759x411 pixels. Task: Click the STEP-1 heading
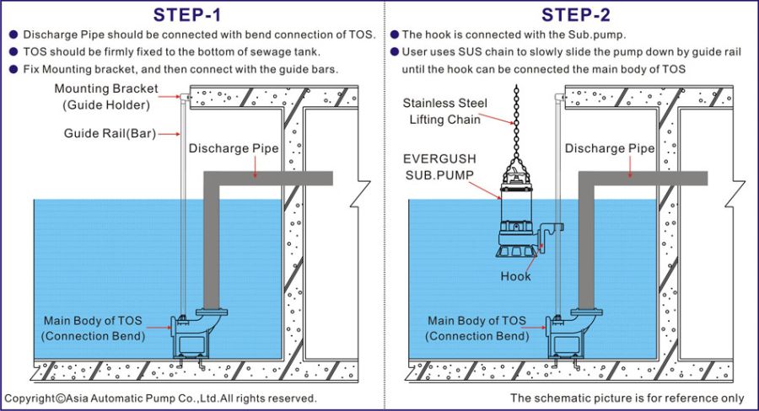(187, 15)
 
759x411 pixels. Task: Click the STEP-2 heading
(575, 15)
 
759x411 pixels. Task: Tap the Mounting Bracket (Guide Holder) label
(106, 97)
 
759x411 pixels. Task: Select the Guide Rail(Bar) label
(110, 133)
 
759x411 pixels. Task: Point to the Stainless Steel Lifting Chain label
(444, 111)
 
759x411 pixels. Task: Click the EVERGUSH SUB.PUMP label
(439, 167)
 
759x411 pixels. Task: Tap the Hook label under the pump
(515, 276)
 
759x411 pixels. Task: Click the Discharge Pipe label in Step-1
(234, 148)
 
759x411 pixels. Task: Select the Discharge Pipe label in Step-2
(610, 148)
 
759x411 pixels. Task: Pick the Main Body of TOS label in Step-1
(93, 328)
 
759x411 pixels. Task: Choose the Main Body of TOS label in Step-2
(476, 328)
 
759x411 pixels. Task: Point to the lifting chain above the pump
(516, 128)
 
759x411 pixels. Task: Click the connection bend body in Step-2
(571, 334)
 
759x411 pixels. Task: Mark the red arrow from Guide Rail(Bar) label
(169, 134)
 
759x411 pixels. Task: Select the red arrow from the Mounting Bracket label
(170, 97)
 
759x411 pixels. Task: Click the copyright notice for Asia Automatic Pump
(160, 398)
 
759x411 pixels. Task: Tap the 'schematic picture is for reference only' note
(627, 398)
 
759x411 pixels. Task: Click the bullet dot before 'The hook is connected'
(395, 35)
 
